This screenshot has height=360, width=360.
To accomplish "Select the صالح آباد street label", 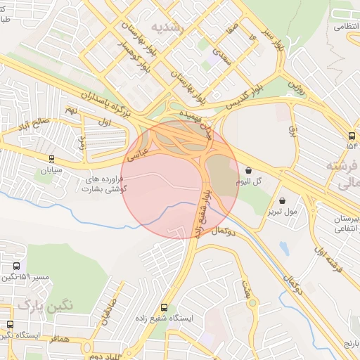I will pyautogui.click(x=35, y=127).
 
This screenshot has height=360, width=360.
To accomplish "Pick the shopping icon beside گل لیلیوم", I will pyautogui.click(x=250, y=169).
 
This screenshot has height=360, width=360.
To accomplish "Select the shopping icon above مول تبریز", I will pyautogui.click(x=282, y=200).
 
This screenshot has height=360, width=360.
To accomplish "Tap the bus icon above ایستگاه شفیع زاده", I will pyautogui.click(x=165, y=307).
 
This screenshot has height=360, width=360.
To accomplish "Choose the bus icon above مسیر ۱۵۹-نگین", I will pyautogui.click(x=16, y=266).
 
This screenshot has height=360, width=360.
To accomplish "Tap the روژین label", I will pyautogui.click(x=299, y=89).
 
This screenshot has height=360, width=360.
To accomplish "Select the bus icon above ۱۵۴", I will pyautogui.click(x=351, y=136).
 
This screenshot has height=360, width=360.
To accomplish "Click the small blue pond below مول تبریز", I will pyautogui.click(x=283, y=247).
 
